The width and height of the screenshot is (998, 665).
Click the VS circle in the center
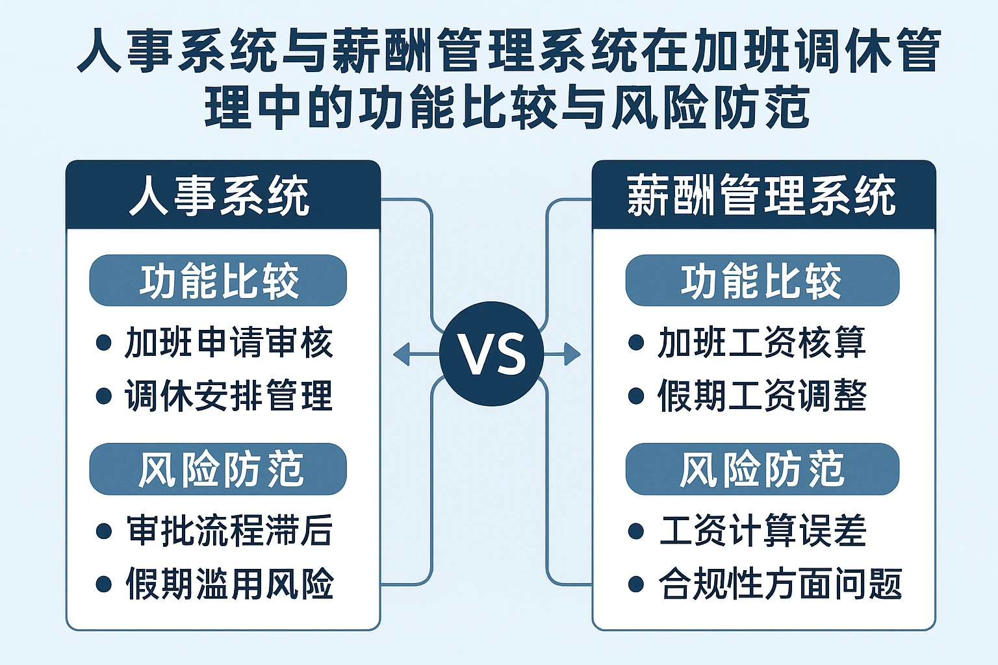coord(491,354)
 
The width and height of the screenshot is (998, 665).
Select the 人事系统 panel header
coord(223,195)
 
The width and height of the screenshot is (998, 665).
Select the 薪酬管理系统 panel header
coord(763,195)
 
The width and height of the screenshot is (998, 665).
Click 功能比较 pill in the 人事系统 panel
coord(218,281)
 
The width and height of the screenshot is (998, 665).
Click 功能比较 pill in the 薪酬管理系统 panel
coord(762,281)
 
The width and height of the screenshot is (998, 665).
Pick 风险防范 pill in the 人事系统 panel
coord(218,469)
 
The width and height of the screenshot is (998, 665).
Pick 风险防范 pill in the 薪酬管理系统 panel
coord(762,469)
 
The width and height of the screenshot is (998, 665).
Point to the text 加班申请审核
coord(229,343)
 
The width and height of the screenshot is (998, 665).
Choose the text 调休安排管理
coord(229,395)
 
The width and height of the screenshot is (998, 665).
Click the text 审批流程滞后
coord(229,531)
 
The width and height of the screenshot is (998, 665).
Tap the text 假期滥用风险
coord(229,583)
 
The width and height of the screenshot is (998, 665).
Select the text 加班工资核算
coord(761,343)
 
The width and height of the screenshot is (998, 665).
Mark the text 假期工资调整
coord(761,395)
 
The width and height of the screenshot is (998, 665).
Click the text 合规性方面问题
coord(780,583)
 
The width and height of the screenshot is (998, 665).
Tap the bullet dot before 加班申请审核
coord(103,343)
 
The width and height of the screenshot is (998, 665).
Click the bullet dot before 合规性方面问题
coord(636,584)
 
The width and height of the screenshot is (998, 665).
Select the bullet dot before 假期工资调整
coord(636,396)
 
